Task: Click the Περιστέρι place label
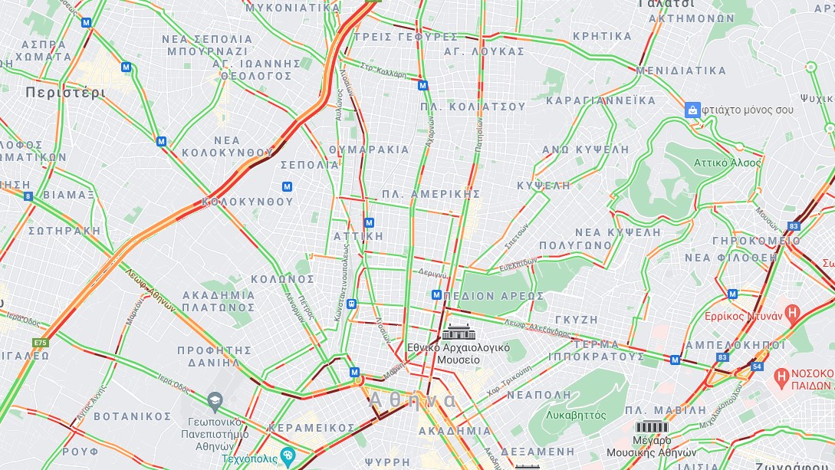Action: point(64,93)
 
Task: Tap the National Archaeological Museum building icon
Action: point(458,333)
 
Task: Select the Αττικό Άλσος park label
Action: point(727,163)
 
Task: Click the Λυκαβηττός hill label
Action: point(576,416)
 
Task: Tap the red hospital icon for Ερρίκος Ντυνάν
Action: point(794,314)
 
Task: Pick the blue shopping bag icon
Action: point(692,110)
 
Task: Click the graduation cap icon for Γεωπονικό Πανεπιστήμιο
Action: point(215,399)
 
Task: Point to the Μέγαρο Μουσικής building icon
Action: point(650,427)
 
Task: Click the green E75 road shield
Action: point(40,343)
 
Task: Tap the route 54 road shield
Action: point(757,366)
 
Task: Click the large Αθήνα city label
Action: point(413,400)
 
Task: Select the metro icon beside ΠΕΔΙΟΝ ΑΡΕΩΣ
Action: point(436,295)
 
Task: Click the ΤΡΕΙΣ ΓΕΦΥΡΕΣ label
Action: point(405,37)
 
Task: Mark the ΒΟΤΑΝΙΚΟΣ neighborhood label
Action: point(132,416)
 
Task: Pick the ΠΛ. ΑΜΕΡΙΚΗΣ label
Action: point(431,194)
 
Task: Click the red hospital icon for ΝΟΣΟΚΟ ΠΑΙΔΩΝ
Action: point(781,376)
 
